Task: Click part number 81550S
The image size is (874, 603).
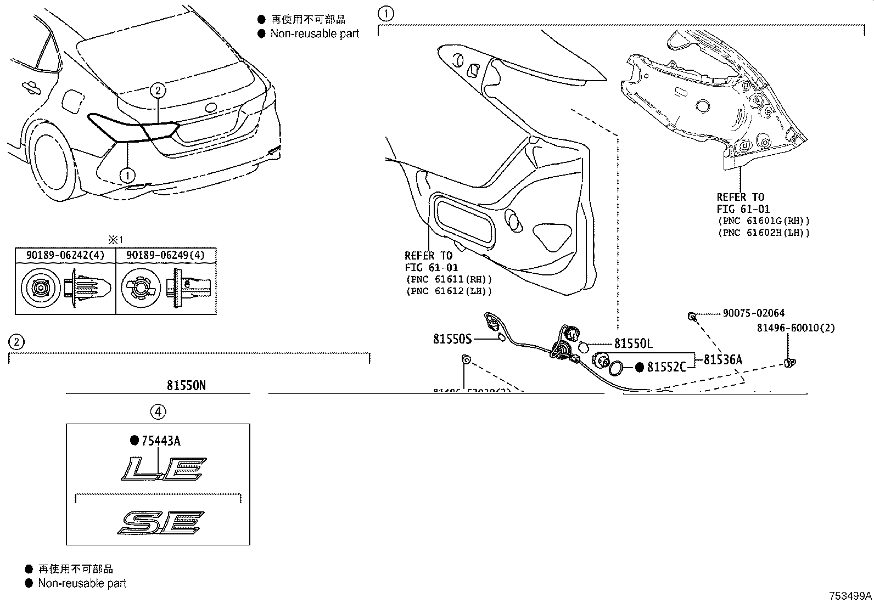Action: coord(452,339)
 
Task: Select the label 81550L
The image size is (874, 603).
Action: coord(633,344)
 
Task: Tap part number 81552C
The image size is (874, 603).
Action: coord(666,367)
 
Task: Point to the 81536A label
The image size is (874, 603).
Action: coord(722,360)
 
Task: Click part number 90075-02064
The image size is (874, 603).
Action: coord(753,313)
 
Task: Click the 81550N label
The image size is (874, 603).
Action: coord(187,386)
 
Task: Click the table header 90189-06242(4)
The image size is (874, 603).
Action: coord(65,255)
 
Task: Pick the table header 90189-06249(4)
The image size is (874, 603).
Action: coord(166,255)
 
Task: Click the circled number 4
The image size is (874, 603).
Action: coord(158,412)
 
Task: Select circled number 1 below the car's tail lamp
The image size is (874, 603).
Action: coord(127,176)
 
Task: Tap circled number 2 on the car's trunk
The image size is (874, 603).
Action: coord(158,90)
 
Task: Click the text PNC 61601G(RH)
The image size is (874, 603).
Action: coord(763,221)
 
